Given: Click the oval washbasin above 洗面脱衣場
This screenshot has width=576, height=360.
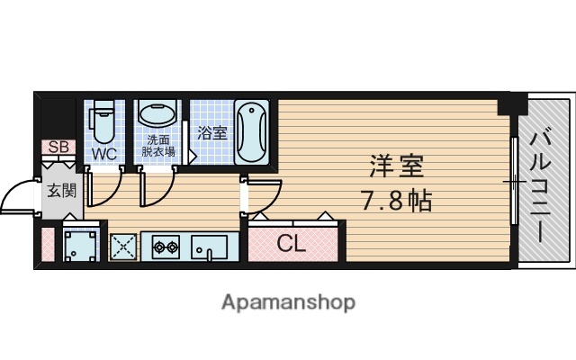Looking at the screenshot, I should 159,117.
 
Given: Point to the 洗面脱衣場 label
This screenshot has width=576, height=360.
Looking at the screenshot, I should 159,146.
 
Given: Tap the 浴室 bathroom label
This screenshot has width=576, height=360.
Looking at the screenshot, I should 212,131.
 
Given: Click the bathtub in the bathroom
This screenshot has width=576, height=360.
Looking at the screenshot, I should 251,131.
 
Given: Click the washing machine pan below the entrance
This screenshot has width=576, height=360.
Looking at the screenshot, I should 80,246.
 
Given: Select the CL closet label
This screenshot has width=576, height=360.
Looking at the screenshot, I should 290,243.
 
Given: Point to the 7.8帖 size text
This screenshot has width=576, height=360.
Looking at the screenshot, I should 397,200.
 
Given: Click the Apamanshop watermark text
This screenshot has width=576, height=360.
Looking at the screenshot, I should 287,301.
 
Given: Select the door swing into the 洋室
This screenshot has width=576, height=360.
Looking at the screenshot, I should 263,196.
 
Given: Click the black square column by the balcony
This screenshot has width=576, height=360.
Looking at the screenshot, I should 511,103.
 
